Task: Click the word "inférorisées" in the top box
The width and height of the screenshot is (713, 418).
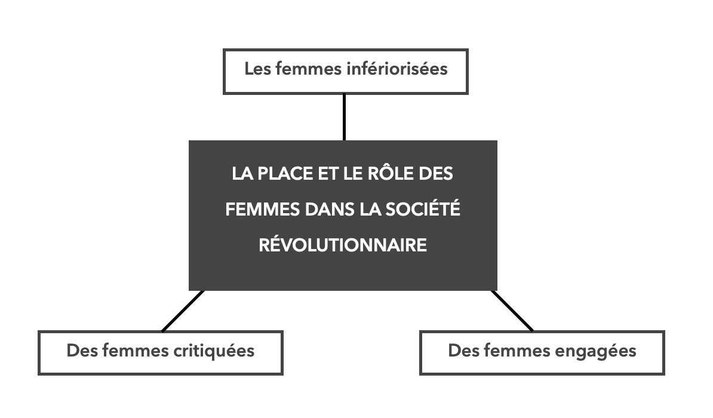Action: (x=397, y=69)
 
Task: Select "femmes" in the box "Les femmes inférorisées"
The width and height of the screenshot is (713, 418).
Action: (x=308, y=69)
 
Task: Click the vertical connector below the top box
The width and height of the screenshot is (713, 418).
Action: (x=344, y=118)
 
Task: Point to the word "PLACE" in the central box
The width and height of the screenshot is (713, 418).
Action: (x=285, y=173)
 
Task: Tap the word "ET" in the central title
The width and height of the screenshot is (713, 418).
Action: (x=328, y=173)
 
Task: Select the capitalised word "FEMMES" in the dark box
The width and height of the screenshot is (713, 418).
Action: (x=262, y=209)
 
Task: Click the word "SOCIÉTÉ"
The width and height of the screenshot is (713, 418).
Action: (x=423, y=209)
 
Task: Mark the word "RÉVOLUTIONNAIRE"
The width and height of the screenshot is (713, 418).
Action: (x=343, y=245)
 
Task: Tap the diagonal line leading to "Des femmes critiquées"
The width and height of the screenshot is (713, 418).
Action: (x=183, y=311)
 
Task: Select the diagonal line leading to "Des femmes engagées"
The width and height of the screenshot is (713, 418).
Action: (x=512, y=311)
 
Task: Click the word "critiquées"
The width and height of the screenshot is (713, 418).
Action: (x=214, y=351)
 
